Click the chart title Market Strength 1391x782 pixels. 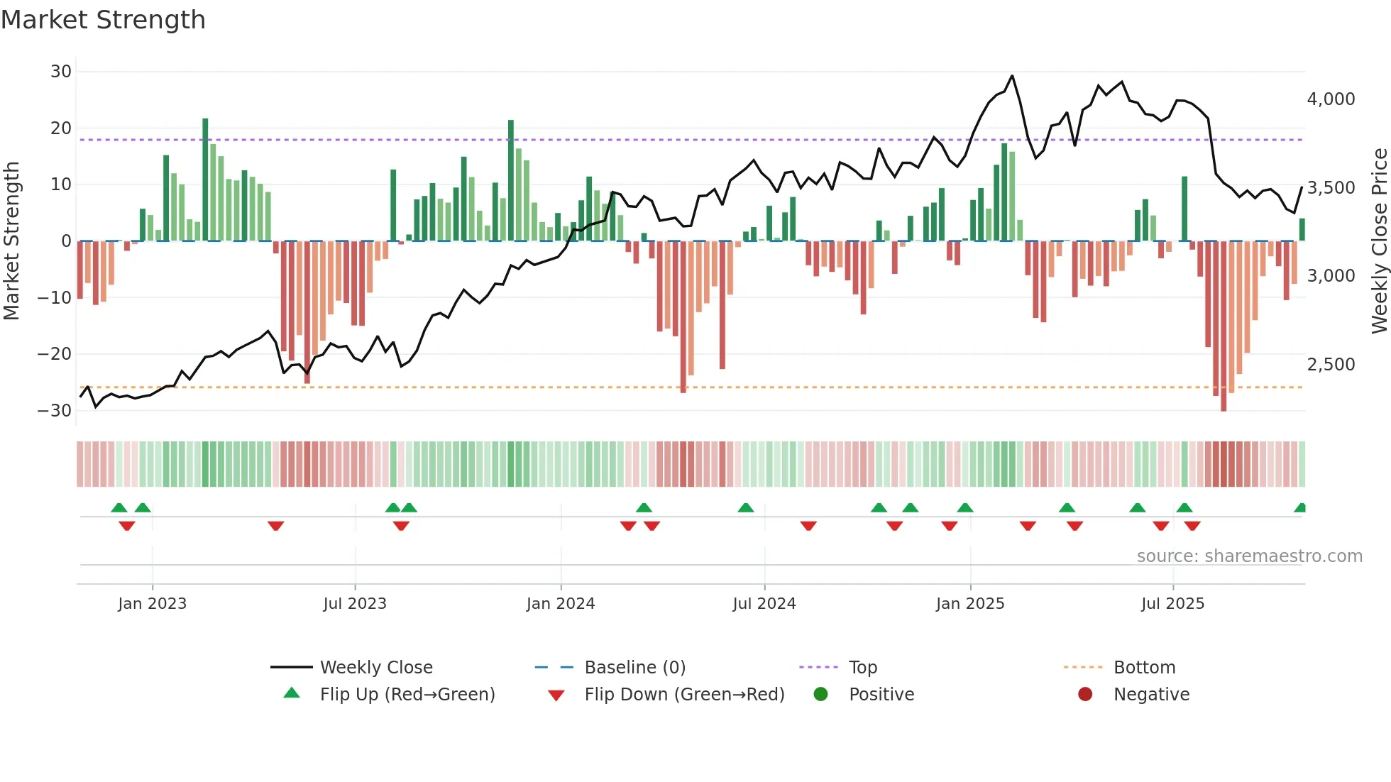103,20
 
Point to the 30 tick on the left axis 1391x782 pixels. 61,72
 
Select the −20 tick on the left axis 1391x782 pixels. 55,354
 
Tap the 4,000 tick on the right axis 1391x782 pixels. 1331,99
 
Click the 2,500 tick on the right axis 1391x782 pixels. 1331,365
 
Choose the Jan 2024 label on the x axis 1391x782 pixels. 560,604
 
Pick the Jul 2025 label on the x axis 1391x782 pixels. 1172,604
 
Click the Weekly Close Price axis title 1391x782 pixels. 1379,241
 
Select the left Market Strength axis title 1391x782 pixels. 11,241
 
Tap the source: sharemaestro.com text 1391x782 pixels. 1249,556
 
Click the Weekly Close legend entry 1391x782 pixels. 375,668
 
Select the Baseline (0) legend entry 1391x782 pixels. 634,668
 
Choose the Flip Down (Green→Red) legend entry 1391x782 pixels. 683,695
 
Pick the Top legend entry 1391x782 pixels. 862,668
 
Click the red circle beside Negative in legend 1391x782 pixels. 1084,695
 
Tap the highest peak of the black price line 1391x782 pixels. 1012,76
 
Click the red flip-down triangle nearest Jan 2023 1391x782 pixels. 127,526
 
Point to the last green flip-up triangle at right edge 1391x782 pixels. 1300,508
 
